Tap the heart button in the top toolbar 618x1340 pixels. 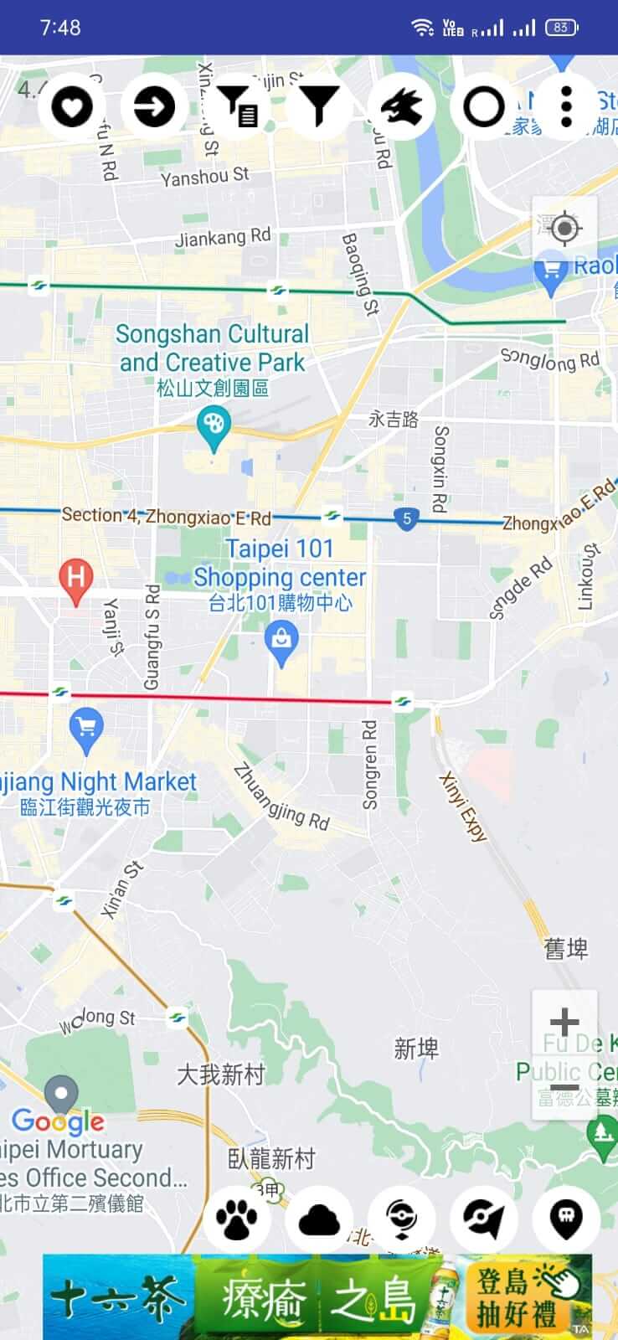click(x=72, y=107)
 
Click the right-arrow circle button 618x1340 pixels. click(x=154, y=107)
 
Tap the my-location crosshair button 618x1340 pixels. click(x=564, y=228)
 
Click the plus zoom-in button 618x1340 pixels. click(x=564, y=1022)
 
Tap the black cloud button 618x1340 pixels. click(x=319, y=1219)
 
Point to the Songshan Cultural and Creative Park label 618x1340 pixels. click(x=212, y=348)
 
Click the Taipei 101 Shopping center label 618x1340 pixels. click(x=280, y=564)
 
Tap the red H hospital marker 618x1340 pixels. click(x=75, y=580)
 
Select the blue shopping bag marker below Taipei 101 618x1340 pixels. click(x=281, y=643)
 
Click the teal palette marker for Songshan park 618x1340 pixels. click(x=214, y=425)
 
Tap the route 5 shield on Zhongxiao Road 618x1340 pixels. click(x=407, y=518)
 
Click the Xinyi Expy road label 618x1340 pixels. click(x=462, y=807)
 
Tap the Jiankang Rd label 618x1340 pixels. click(x=223, y=238)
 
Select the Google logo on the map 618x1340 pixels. click(x=58, y=1121)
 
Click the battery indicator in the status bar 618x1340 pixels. click(x=561, y=28)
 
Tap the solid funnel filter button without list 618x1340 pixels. click(x=319, y=107)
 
